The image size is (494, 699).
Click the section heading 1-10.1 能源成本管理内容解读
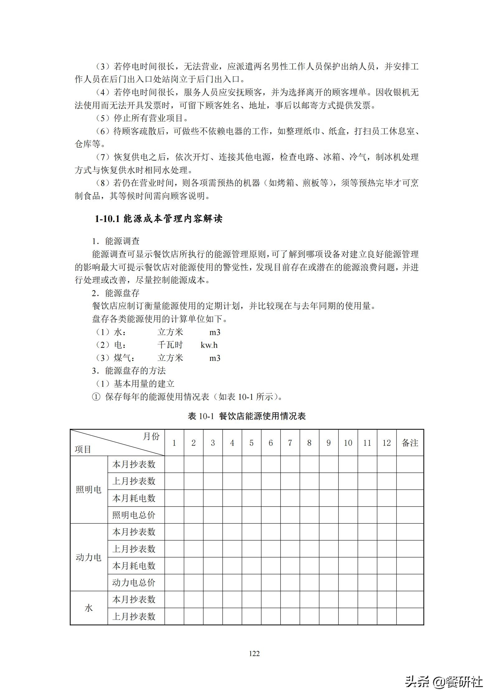pos(158,219)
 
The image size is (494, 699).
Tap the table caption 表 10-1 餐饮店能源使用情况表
pos(247,416)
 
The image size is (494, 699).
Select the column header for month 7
pos(290,443)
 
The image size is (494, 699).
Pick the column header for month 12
pos(386,443)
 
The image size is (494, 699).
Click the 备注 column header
pos(410,443)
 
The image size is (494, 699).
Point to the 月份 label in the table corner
pos(151,437)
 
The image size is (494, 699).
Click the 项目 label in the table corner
pos(83,449)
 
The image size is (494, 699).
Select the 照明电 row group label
pos(89,489)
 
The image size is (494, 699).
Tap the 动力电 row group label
pos(89,557)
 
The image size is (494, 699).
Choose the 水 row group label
pos(89,608)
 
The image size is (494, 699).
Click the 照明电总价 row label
pos(134,515)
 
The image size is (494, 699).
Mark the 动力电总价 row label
pos(134,583)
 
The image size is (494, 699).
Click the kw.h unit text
pos(209,345)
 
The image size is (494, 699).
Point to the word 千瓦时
pos(170,345)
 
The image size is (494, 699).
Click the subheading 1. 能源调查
pos(116,241)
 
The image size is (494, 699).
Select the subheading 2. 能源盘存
pos(116,293)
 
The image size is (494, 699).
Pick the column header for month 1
pos(174,443)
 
